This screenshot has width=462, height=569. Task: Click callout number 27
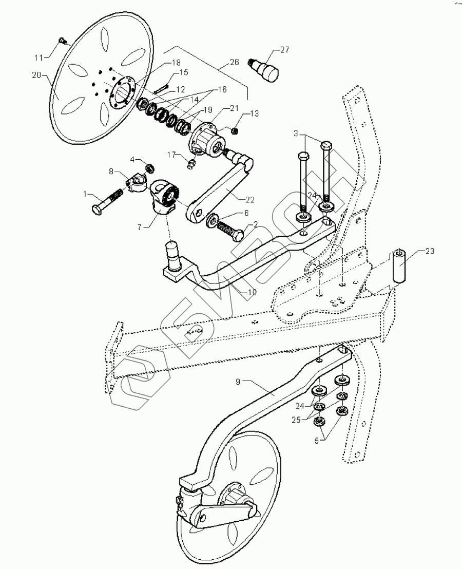(x=284, y=50)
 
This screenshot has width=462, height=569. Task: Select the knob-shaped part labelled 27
(x=267, y=69)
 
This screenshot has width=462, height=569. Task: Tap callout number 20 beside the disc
(x=36, y=75)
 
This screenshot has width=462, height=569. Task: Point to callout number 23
(x=429, y=251)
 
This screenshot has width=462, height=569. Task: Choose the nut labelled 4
(x=150, y=167)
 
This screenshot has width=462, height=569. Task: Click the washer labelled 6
(x=212, y=221)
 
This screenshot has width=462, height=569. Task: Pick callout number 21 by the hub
(x=234, y=108)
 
